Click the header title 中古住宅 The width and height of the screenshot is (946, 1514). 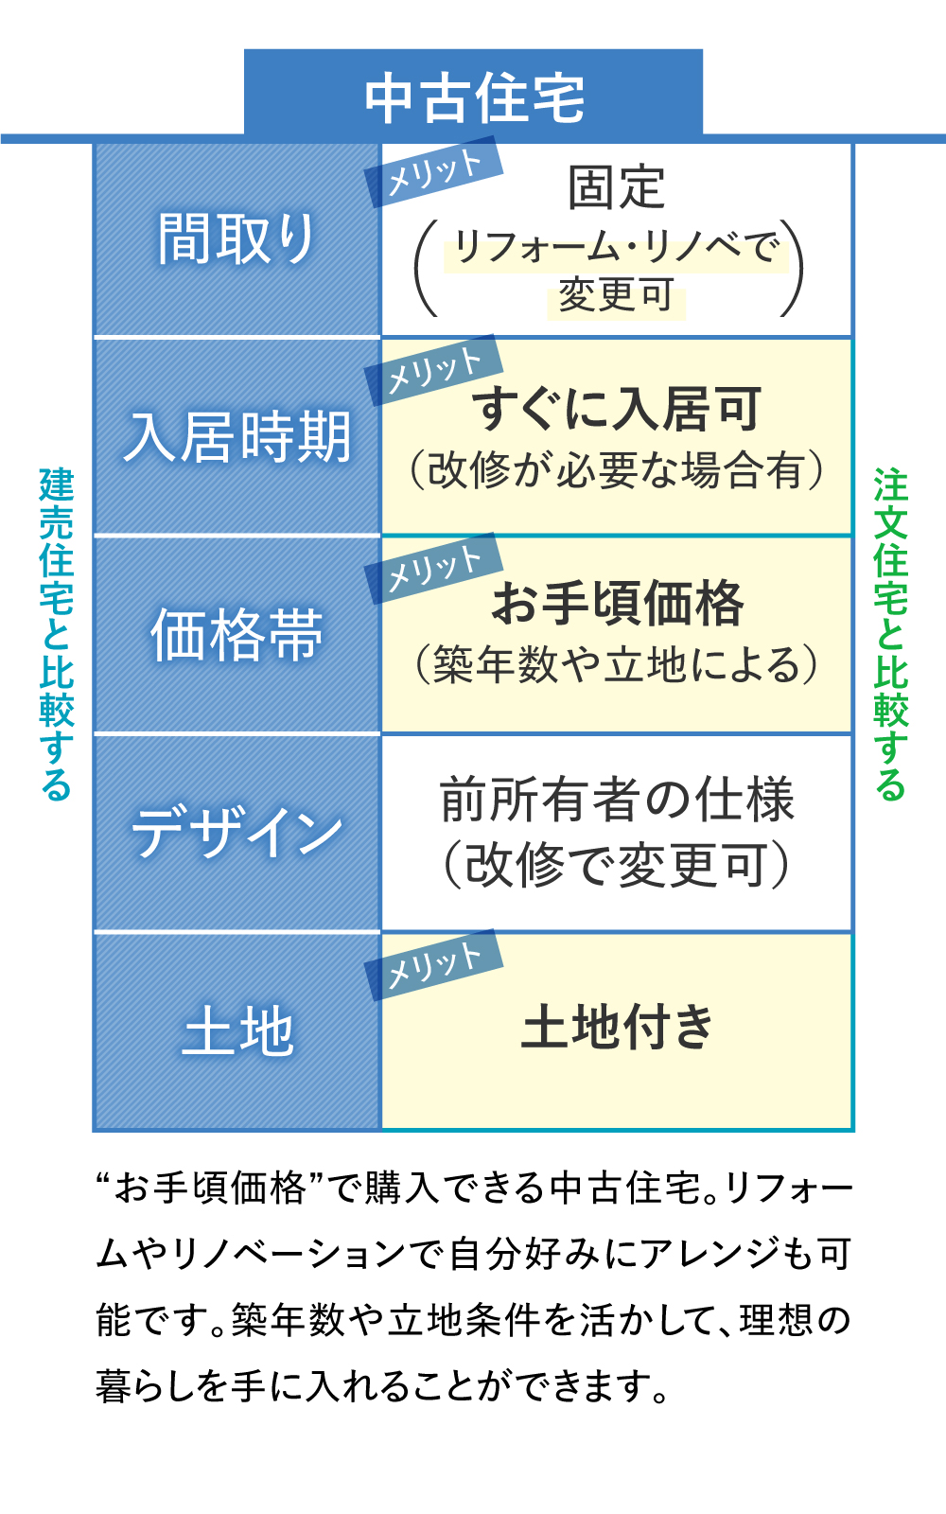pyautogui.click(x=474, y=97)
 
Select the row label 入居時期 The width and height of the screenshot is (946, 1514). pyautogui.click(x=236, y=437)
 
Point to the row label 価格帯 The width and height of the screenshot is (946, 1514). pyautogui.click(x=236, y=635)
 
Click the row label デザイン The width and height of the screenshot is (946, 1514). pyautogui.click(x=236, y=833)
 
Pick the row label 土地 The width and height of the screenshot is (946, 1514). pyautogui.click(x=236, y=1030)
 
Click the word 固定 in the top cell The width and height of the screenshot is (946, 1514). pyautogui.click(x=616, y=186)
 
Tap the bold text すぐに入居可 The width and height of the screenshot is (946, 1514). pyautogui.click(x=616, y=409)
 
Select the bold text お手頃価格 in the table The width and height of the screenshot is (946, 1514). pyautogui.click(x=618, y=603)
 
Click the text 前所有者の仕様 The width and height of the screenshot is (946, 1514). pyautogui.click(x=617, y=800)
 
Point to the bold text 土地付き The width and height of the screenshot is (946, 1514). pyautogui.click(x=617, y=1027)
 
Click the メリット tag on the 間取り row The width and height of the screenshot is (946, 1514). pyautogui.click(x=434, y=171)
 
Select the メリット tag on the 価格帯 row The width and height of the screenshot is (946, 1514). pyautogui.click(x=434, y=568)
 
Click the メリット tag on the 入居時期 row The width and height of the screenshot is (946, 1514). pyautogui.click(x=434, y=369)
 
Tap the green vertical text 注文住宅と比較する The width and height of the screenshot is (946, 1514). pyautogui.click(x=890, y=633)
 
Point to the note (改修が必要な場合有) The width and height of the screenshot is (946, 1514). pyautogui.click(x=616, y=470)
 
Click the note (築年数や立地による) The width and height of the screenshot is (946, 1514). pyautogui.click(x=616, y=664)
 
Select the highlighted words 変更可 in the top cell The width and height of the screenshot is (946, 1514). pyautogui.click(x=616, y=295)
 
